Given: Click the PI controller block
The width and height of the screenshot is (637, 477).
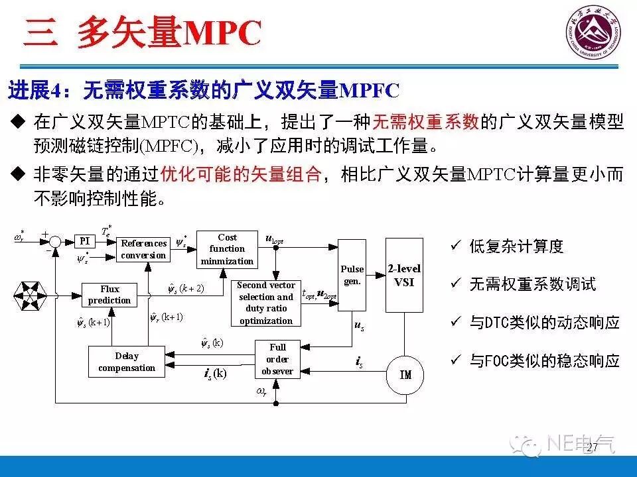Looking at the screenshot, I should pyautogui.click(x=84, y=242).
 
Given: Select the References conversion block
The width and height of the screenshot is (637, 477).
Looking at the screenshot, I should pyautogui.click(x=143, y=249).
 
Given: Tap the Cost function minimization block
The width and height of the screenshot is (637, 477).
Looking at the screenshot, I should pyautogui.click(x=227, y=249).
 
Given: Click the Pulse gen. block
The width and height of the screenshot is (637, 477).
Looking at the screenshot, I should pyautogui.click(x=352, y=275).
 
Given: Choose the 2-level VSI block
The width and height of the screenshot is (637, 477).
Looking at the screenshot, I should pyautogui.click(x=404, y=275).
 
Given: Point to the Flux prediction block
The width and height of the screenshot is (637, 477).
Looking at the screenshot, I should pyautogui.click(x=109, y=295).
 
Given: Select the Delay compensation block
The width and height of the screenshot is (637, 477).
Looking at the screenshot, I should pyautogui.click(x=127, y=362).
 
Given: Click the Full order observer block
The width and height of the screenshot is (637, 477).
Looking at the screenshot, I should pyautogui.click(x=277, y=359).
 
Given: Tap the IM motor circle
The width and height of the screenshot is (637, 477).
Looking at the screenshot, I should pyautogui.click(x=405, y=375).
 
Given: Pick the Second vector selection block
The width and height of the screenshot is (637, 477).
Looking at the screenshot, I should pyautogui.click(x=265, y=303).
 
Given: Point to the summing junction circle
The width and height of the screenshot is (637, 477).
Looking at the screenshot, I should pyautogui.click(x=56, y=242).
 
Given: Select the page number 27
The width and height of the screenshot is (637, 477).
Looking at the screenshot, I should pyautogui.click(x=592, y=449).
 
